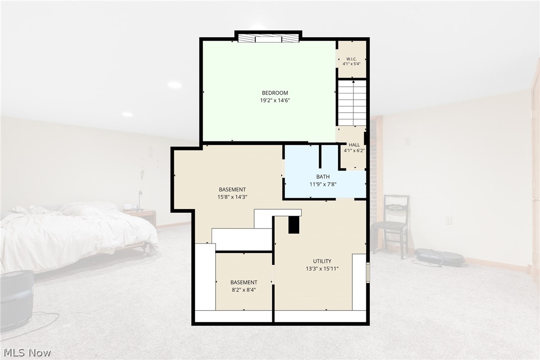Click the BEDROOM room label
point(274,93)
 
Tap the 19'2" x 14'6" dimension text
point(274,101)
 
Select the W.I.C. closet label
point(351,59)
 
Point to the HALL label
point(354,145)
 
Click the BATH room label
point(323,177)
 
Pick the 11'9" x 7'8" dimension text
point(323,184)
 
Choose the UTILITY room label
point(322,261)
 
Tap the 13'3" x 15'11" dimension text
point(322,269)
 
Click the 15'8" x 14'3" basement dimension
point(232,197)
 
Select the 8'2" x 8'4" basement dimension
point(244,290)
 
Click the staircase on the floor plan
point(351,103)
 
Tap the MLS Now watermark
point(27,353)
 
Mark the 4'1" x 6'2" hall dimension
point(354,150)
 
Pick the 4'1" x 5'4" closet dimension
point(351,64)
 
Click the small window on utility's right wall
point(368,272)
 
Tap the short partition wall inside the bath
point(320,156)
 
